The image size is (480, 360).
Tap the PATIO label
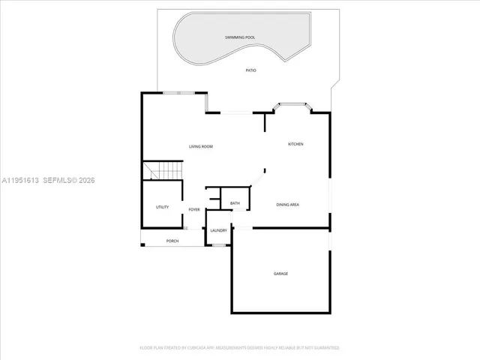(x=251, y=70)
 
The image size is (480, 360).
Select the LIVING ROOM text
(x=200, y=146)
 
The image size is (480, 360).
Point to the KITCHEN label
(x=295, y=144)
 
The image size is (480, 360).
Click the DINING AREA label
(x=288, y=205)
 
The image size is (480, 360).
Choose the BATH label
(x=235, y=203)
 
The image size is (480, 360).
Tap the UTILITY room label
(x=162, y=207)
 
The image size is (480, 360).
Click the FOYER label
(x=194, y=210)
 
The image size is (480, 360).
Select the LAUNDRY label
(x=218, y=231)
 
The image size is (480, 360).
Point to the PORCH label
(x=172, y=241)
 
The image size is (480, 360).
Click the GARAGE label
(x=280, y=274)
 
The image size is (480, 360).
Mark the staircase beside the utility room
(x=163, y=171)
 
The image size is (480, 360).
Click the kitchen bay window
(x=289, y=106)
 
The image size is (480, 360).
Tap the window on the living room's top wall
(x=179, y=93)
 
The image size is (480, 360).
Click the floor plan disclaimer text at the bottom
(x=239, y=348)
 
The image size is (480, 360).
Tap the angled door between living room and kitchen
(x=257, y=179)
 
